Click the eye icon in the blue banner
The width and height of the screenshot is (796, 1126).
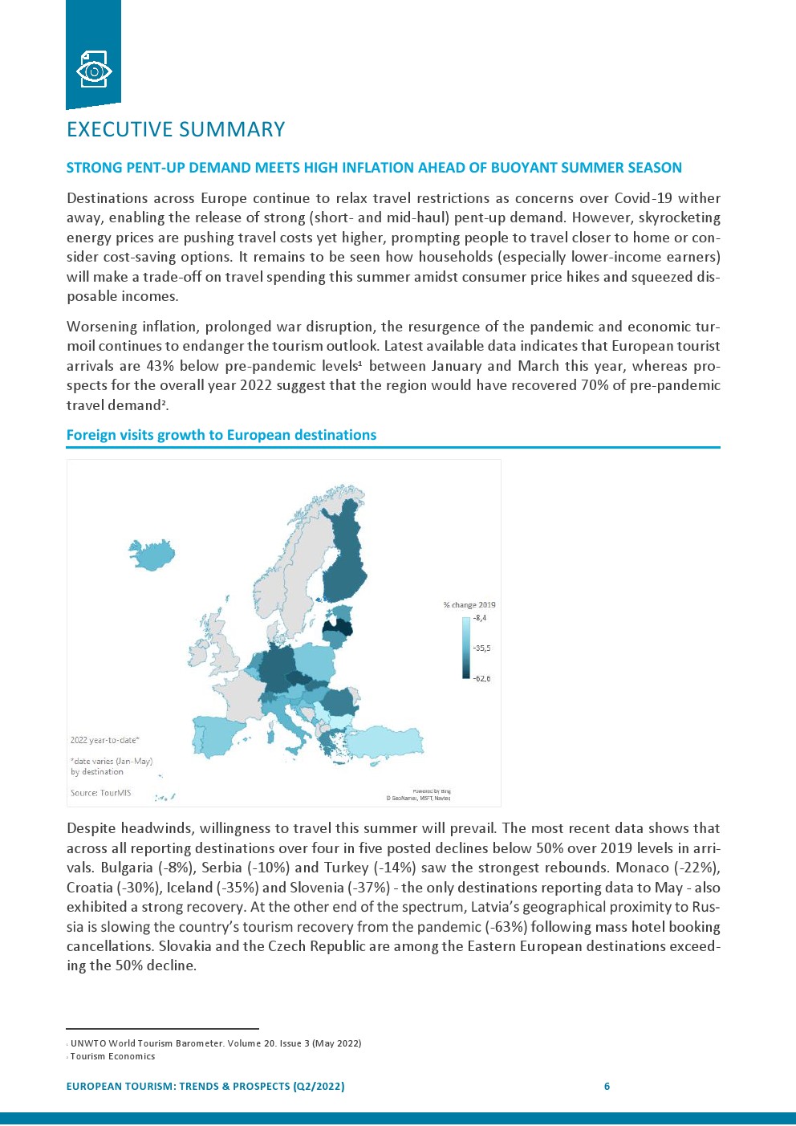pos(94,70)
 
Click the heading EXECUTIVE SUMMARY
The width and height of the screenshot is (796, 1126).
pos(176,130)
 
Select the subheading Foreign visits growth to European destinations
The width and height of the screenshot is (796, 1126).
pos(221,435)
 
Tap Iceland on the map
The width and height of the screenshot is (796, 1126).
pos(153,554)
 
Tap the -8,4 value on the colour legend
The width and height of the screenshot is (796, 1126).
pos(480,618)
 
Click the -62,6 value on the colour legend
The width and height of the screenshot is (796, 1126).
pos(481,679)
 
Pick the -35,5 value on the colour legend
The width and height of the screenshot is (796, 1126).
pos(481,648)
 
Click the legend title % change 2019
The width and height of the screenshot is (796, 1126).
pos(469,605)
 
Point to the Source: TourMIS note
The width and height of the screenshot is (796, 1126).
pos(100,793)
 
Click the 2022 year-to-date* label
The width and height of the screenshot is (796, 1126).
pos(104,740)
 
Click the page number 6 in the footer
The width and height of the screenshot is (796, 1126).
pos(607,1087)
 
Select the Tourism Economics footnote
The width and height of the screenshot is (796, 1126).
pos(112,1056)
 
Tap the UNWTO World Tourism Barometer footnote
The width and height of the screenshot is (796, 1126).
pos(216,1043)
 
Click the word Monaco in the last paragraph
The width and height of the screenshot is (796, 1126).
pos(642,868)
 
